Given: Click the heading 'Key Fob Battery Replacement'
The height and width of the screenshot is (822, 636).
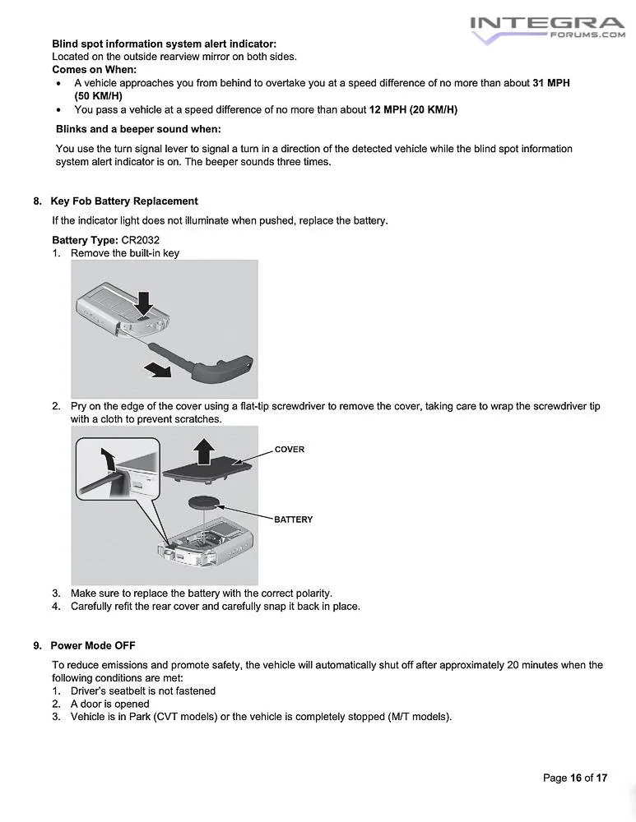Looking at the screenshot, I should pos(123,201).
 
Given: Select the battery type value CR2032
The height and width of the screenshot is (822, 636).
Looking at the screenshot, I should pos(141,240).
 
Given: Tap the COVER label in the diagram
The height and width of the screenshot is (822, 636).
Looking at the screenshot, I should pos(289,450).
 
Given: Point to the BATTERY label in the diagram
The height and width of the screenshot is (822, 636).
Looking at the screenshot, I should pos(293,520).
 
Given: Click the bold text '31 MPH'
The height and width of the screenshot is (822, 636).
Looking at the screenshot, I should pos(551,84).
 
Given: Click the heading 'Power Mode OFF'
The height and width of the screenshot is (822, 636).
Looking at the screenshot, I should pos(92,645).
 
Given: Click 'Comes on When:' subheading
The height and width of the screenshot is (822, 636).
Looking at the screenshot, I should pos(94,70).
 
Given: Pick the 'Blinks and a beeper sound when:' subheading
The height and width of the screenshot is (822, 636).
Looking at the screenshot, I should pos(138,129).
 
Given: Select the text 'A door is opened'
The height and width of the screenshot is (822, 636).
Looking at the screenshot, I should pos(109,704).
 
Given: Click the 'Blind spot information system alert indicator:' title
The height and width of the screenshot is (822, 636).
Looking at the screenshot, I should pos(164,43).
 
